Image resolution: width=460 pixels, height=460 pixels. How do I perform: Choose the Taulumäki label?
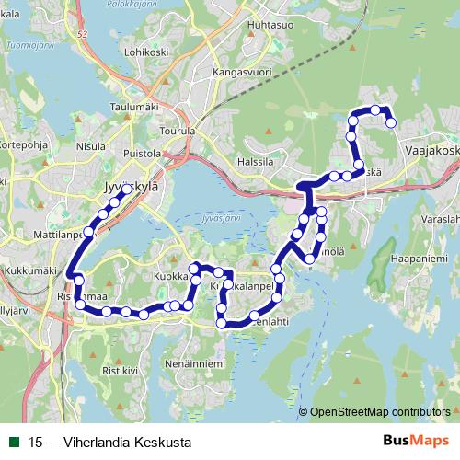(x=134, y=107)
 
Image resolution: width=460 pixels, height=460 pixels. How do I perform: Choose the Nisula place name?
(x=91, y=145)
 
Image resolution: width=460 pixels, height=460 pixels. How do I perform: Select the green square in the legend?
(x=14, y=442)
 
